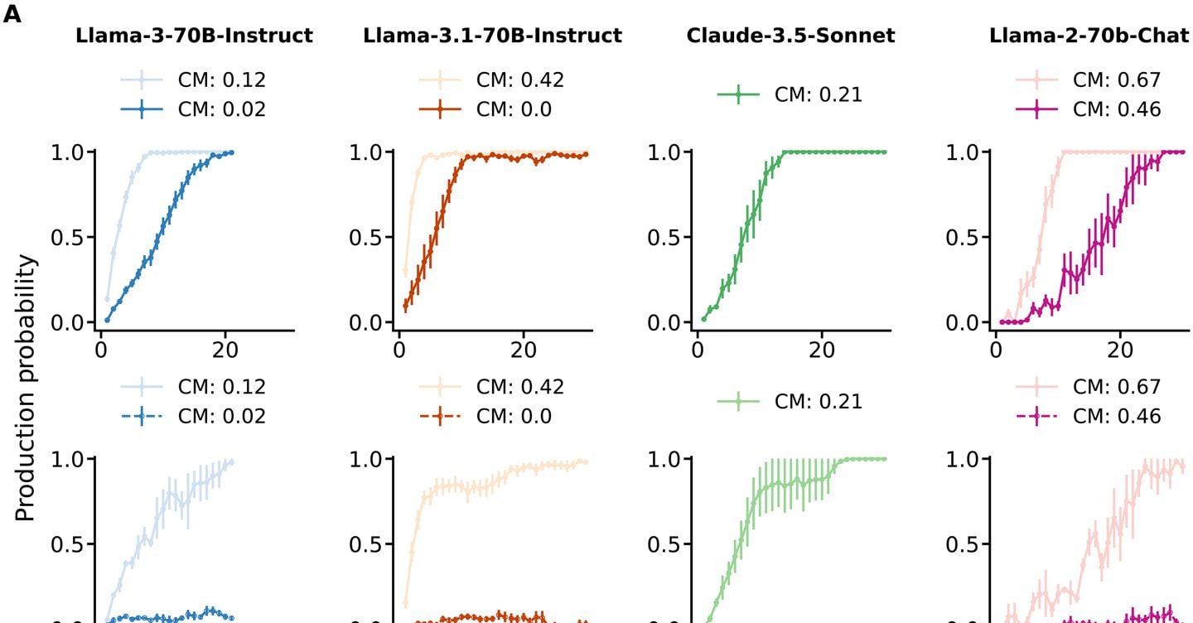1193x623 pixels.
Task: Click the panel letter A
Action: tap(12, 16)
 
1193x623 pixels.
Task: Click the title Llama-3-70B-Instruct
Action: tap(194, 36)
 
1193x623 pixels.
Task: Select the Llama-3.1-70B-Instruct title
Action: tap(492, 36)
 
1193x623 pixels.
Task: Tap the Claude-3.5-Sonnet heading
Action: tap(790, 36)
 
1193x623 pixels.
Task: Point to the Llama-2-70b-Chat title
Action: tap(1089, 36)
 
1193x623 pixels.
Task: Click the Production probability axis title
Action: tap(27, 388)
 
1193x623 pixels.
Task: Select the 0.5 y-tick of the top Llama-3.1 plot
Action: tap(365, 237)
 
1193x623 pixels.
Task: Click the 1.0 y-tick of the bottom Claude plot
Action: tap(664, 459)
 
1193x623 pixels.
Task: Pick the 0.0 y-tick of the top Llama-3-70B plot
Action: tap(66, 322)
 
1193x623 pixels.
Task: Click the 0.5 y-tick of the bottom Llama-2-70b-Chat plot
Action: tap(963, 544)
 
